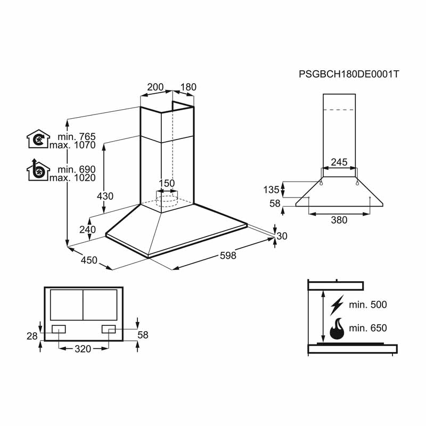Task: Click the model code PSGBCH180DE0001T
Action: (349, 74)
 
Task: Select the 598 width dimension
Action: (228, 256)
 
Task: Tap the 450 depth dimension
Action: (89, 260)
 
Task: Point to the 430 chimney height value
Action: (105, 196)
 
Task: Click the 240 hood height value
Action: (87, 230)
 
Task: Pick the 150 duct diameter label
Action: (167, 183)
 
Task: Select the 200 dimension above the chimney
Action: (155, 87)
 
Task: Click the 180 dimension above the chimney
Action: (189, 87)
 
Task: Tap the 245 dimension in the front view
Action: (339, 162)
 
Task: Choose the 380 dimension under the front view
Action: (339, 220)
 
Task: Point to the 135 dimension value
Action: (271, 190)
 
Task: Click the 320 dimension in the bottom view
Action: (83, 349)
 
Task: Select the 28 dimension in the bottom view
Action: (32, 337)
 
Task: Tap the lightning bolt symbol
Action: (337, 305)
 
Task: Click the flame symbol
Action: (337, 329)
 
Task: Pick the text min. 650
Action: (368, 328)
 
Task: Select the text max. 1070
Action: (72, 145)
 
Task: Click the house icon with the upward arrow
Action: (38, 170)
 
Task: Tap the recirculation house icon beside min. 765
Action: (38, 139)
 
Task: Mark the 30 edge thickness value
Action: (282, 236)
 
